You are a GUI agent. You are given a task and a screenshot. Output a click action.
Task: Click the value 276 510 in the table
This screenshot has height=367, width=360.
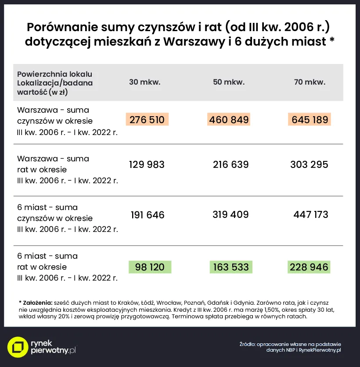147,119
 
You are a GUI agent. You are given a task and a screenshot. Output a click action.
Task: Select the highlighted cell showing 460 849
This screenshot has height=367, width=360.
229,119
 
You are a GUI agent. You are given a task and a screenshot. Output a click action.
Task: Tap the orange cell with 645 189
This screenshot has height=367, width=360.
310,119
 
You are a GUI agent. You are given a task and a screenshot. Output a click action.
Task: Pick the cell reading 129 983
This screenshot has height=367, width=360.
147,164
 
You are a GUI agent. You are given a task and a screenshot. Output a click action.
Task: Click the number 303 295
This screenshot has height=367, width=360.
309,164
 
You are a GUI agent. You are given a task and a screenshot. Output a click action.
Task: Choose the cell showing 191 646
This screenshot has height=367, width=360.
148,215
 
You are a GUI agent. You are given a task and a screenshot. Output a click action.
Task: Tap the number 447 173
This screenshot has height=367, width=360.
310,215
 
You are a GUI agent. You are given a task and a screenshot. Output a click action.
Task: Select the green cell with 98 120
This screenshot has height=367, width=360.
150,267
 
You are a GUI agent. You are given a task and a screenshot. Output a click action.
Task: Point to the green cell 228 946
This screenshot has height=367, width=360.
309,267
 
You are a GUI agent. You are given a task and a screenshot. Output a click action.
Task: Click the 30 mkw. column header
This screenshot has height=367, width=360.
144,82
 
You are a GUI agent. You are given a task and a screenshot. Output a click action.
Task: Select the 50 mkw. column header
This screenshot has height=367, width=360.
229,82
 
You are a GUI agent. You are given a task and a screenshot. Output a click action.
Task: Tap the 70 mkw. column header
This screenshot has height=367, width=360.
310,82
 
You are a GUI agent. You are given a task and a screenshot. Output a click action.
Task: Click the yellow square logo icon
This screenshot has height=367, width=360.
18,347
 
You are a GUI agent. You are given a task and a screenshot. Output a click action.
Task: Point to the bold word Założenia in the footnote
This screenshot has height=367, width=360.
37,303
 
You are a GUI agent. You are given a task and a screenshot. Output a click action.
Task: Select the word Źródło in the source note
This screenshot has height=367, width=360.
247,344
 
